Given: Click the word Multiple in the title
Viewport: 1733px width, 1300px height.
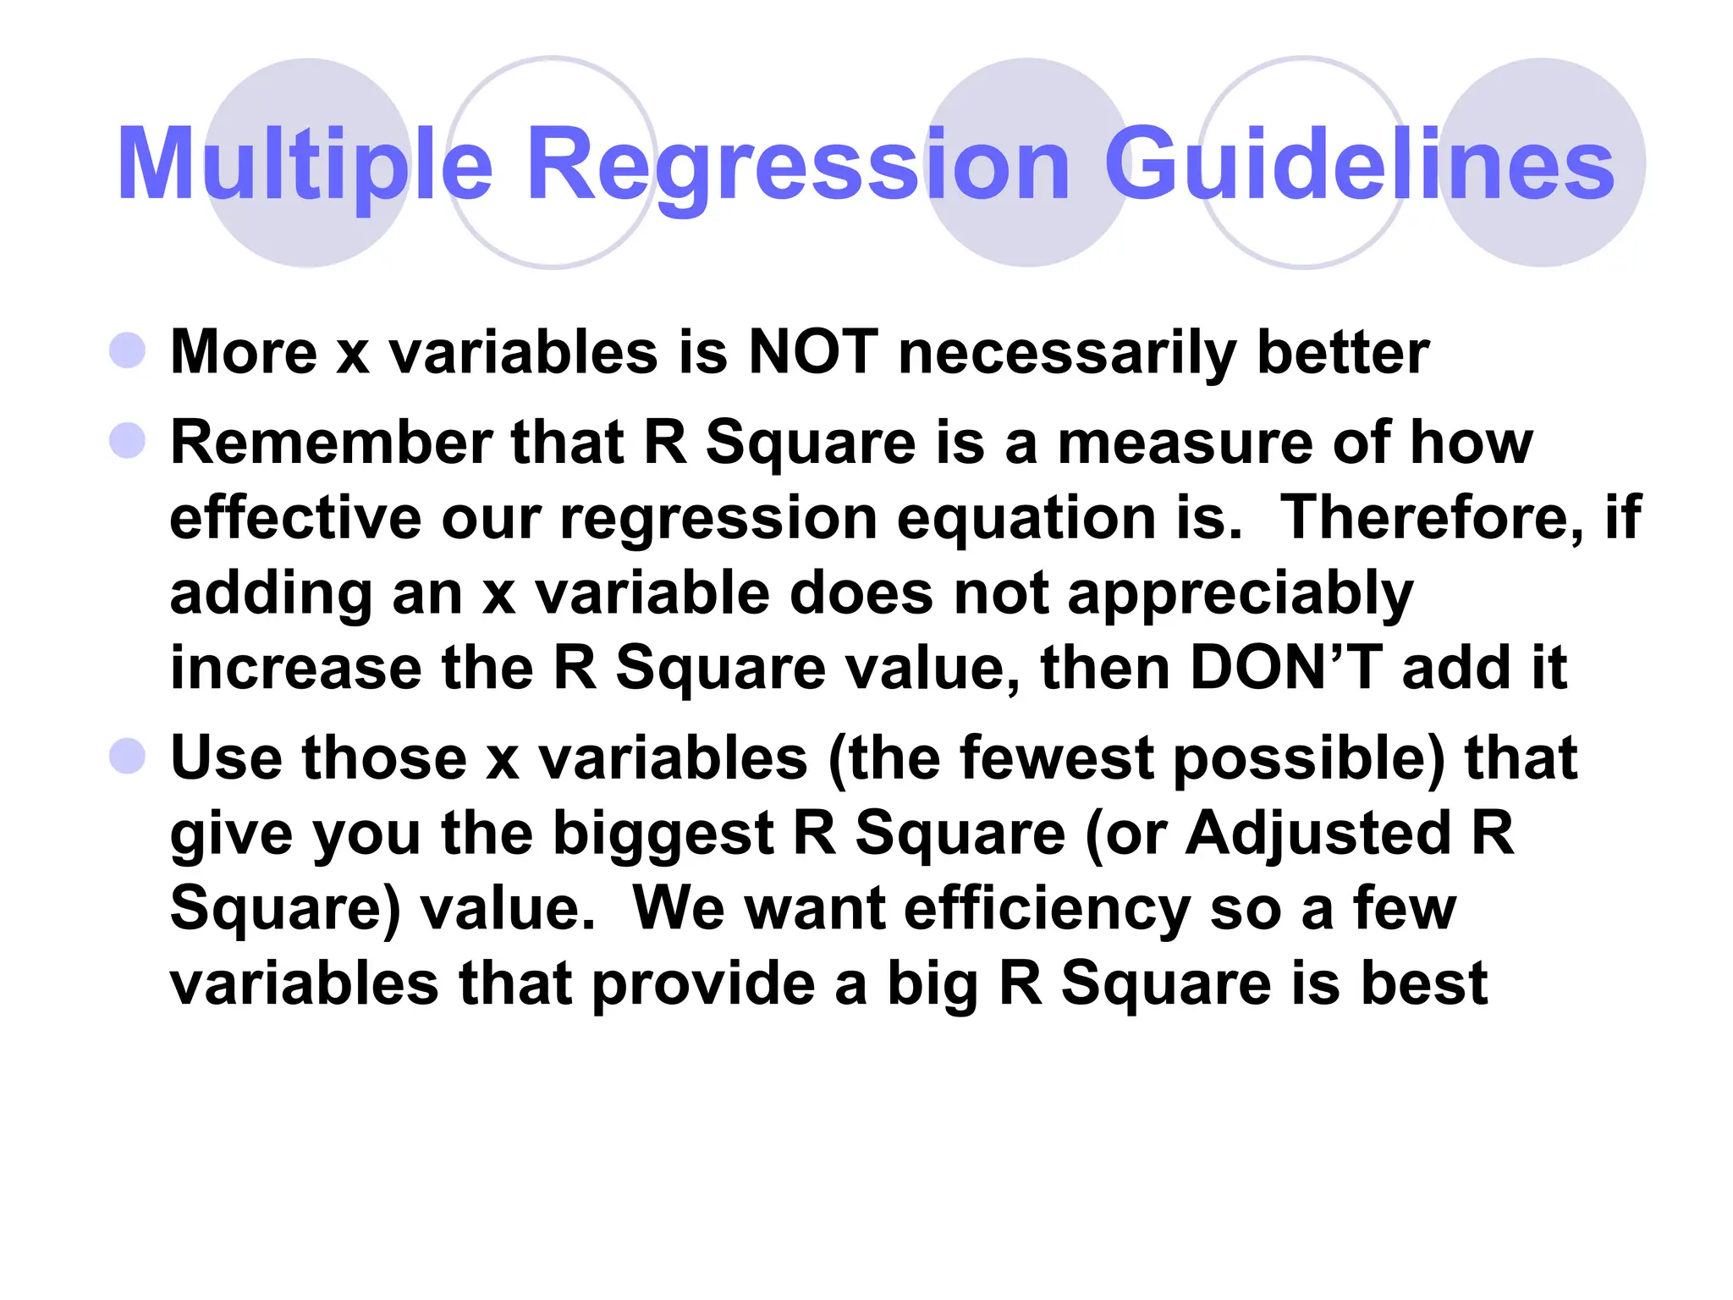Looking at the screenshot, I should click(x=305, y=165).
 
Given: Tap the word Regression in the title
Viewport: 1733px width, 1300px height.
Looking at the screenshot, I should click(x=798, y=165).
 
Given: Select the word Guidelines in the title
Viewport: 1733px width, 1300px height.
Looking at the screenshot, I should click(x=1359, y=165).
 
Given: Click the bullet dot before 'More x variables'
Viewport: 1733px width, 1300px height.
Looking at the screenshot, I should click(x=128, y=350).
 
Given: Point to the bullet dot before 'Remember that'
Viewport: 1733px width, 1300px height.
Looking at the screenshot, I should click(x=128, y=440).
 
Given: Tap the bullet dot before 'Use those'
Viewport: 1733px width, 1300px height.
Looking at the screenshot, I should click(x=128, y=756).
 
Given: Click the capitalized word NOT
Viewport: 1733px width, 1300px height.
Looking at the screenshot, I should click(x=813, y=351).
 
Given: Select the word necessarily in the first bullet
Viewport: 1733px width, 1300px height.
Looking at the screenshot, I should click(x=1067, y=353).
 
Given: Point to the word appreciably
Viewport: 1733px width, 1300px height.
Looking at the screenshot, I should click(x=1240, y=594).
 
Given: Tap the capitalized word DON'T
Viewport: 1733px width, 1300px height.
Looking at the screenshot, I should click(x=1286, y=668).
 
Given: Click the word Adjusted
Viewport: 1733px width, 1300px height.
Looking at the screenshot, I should click(x=1318, y=834).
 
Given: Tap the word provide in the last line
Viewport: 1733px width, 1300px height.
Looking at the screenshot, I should click(x=703, y=983).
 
